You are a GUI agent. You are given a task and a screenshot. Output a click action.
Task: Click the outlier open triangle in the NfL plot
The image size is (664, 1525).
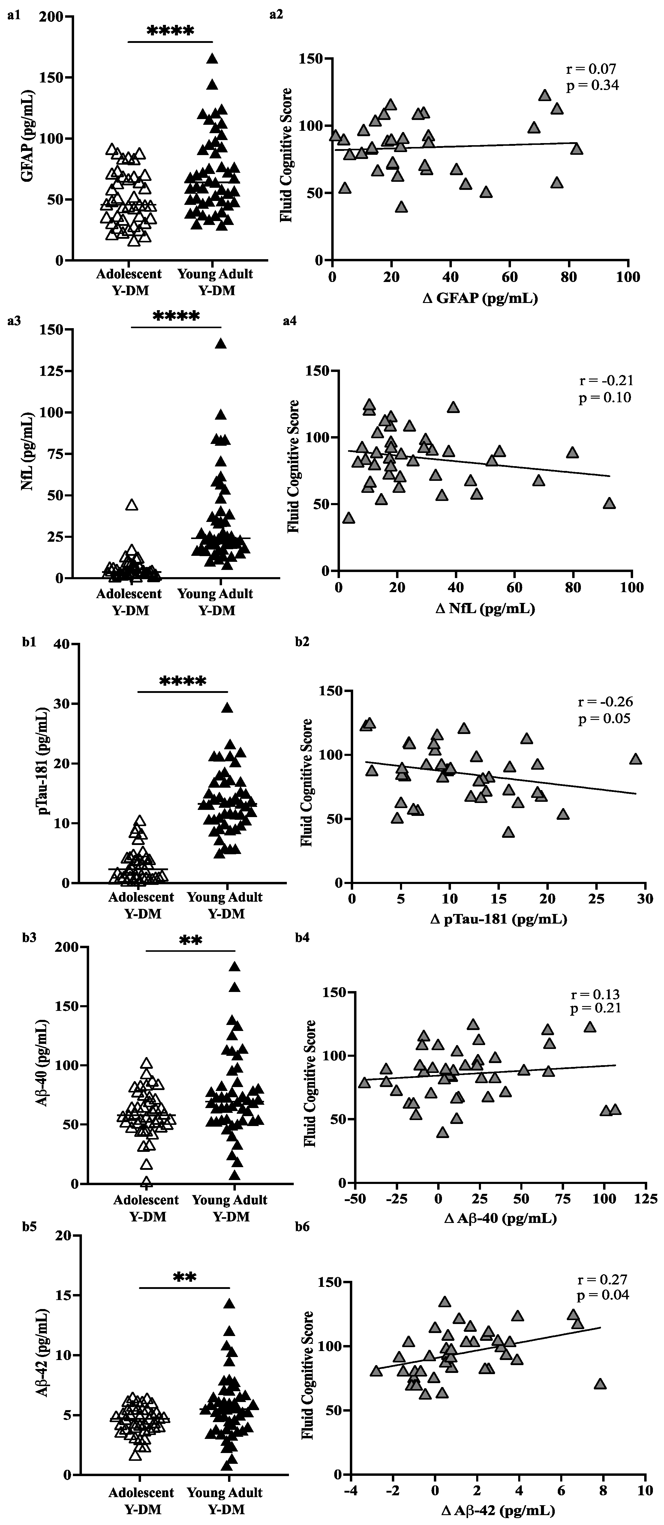pyautogui.click(x=131, y=505)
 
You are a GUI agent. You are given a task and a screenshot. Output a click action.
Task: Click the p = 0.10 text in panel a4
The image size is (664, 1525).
pyautogui.click(x=605, y=397)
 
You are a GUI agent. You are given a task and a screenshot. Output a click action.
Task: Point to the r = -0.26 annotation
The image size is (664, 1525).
pyautogui.click(x=605, y=702)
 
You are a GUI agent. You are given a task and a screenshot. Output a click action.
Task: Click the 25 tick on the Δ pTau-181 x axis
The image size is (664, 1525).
pyautogui.click(x=596, y=899)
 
